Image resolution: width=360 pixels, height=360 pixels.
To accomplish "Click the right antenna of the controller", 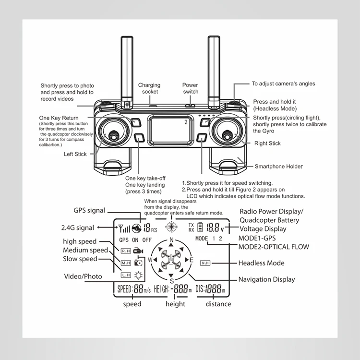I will pos(214,67).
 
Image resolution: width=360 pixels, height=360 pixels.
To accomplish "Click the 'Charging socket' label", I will pos(149,88).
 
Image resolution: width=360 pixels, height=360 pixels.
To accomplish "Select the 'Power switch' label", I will pos(190,88).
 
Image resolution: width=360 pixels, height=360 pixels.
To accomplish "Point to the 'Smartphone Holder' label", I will pos(278,167).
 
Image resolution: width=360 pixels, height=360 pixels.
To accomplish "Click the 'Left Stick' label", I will pos(75,154).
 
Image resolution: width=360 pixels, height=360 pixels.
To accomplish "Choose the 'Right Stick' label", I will pos(267,143).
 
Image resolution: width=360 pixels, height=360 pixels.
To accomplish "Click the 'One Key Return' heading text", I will pos(59,118).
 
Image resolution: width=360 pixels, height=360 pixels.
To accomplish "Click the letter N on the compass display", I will pos(171,241).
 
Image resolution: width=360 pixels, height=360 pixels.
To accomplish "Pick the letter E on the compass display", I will pos(191,260).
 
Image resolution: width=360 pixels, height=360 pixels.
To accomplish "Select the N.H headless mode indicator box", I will pos(205,263).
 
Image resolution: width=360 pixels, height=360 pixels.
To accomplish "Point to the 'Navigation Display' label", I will pos(266,279).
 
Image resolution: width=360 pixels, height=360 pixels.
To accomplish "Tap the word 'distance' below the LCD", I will pos(218,304).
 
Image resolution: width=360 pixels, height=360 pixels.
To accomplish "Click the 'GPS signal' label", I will pos(89,210).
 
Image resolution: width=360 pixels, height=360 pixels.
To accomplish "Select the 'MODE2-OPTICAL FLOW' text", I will pos(274,247).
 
